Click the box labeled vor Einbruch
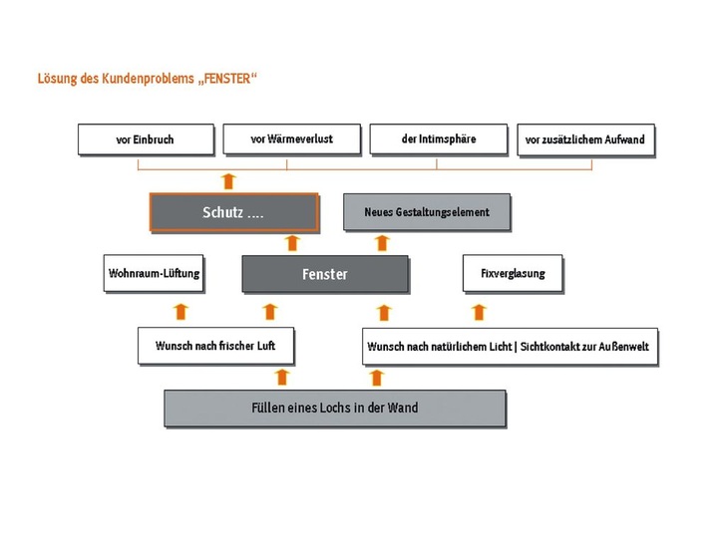coord(146,139)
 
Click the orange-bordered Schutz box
coord(233,212)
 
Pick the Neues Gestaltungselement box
coord(427,212)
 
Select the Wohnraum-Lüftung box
coord(154,273)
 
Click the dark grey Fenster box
coord(325,274)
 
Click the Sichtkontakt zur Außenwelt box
coord(510,347)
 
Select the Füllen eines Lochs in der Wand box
coord(334,408)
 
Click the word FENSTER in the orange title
coord(218,77)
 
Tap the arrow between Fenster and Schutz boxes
coord(291,243)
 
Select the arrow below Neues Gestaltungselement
coord(382,243)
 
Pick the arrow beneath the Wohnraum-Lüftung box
coord(181,311)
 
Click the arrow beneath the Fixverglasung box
coord(479,311)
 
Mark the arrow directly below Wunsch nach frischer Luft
coord(282,377)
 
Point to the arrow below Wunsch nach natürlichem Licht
coord(377,377)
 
